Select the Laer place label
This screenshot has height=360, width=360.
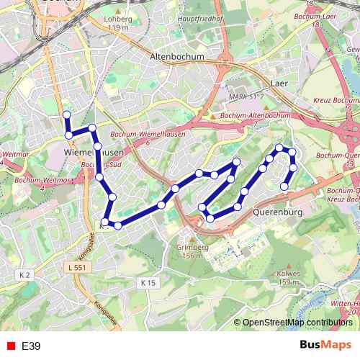click(x=279, y=84)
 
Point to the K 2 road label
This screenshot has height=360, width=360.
click(x=25, y=274)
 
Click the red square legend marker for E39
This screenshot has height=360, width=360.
click(x=8, y=346)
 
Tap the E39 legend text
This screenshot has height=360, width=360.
click(x=31, y=346)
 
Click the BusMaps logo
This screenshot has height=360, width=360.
click(x=325, y=346)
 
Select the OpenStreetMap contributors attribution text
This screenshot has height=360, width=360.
click(x=297, y=323)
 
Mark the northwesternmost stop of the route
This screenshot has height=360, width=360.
click(x=67, y=114)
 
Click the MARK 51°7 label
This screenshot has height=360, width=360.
click(x=243, y=96)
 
